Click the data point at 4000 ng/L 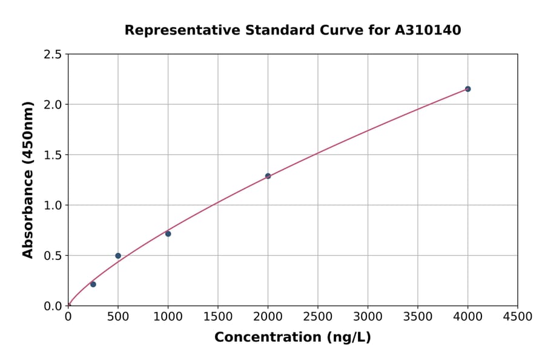467,89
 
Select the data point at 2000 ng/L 268,176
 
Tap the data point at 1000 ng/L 168,234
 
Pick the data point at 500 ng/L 118,256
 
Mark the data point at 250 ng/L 93,284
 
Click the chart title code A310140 428,30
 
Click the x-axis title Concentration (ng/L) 292,338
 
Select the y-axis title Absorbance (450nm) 28,179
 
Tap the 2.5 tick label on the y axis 53,55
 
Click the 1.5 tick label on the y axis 53,155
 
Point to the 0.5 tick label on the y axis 53,256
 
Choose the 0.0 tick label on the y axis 53,306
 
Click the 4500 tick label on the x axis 517,317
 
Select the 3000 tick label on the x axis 368,317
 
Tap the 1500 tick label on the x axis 218,317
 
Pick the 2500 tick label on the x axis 318,317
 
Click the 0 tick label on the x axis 68,317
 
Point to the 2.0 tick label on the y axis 53,105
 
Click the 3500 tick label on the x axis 418,317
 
